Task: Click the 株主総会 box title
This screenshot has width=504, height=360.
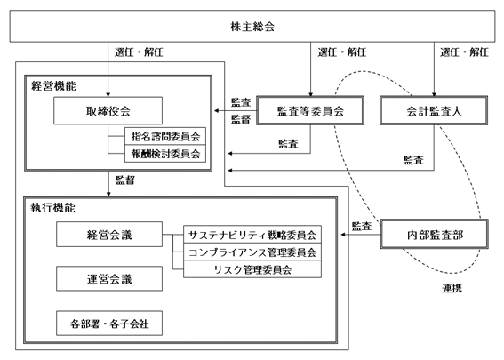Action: tap(252, 27)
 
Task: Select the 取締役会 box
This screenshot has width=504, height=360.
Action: tap(108, 110)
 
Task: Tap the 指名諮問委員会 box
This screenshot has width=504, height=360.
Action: tap(165, 136)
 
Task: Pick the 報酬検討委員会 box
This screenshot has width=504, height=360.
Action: tap(165, 154)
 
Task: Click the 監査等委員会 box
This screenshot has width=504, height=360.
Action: tap(310, 110)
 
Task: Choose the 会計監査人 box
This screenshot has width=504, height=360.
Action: tap(434, 110)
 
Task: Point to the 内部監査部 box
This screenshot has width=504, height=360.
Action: tap(435, 235)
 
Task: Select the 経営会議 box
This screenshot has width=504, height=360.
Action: tap(109, 235)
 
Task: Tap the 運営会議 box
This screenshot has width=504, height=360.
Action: tap(109, 279)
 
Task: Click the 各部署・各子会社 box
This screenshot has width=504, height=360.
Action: tap(109, 324)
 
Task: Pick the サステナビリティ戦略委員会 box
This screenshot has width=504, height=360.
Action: tap(252, 235)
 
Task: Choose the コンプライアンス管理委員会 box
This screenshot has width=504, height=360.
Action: tap(252, 252)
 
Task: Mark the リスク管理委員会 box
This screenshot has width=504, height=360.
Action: tap(252, 269)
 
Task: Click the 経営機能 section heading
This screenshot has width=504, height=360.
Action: tap(53, 86)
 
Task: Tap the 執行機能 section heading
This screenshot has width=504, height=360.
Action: tap(53, 208)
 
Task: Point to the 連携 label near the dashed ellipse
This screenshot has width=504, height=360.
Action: tap(452, 288)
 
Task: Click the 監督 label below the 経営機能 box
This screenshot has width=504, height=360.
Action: tap(125, 180)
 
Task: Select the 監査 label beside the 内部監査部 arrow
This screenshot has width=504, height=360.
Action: tap(362, 227)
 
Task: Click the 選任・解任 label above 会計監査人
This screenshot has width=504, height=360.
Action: tap(465, 52)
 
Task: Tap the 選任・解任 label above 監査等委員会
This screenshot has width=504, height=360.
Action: tap(342, 52)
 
